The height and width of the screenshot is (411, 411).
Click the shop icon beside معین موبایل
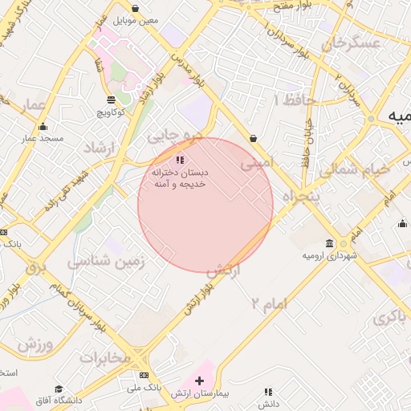pos(134,9)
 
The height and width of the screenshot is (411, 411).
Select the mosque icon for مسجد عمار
pos(43,126)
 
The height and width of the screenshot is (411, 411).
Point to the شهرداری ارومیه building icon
pos(330,243)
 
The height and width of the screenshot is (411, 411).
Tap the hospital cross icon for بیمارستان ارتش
pos(200,380)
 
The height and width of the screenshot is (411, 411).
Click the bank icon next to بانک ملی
pos(144,375)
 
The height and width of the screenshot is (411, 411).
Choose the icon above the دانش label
pos(268,392)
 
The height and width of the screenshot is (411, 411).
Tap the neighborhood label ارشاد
pos(101,148)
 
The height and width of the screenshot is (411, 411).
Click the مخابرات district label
pos(104,357)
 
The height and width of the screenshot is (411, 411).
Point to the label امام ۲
pos(268,303)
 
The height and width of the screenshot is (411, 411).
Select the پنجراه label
pos(302,197)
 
